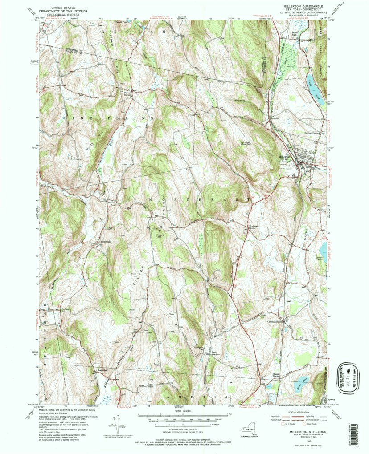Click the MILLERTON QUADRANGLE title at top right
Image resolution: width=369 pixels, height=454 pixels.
point(302,6)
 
